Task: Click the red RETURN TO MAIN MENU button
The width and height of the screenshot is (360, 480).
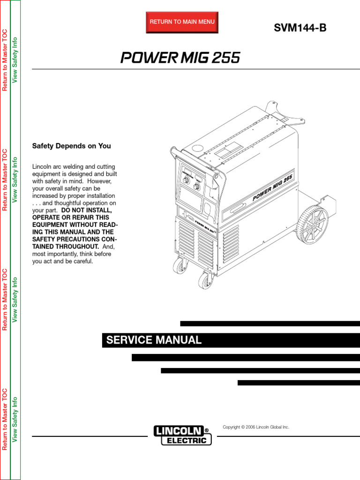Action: [182, 22]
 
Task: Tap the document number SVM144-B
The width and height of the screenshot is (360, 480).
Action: [300, 28]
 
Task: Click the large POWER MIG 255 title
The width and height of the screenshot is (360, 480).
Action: [180, 58]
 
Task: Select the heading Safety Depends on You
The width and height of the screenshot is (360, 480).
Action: [71, 146]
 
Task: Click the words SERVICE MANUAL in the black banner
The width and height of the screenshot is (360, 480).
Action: [154, 340]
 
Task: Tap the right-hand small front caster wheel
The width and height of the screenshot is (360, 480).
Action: [205, 280]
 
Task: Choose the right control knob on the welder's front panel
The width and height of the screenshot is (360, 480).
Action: [197, 187]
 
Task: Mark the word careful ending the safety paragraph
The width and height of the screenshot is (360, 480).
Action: [82, 261]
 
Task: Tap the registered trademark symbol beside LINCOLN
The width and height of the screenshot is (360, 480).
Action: [207, 429]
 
